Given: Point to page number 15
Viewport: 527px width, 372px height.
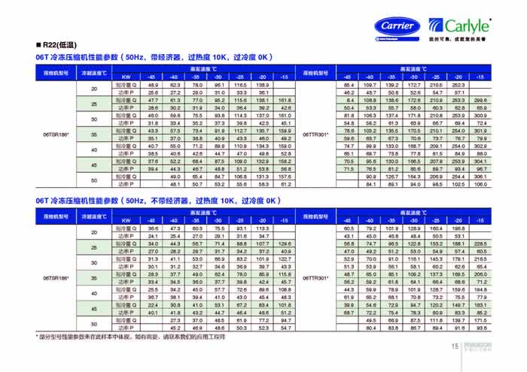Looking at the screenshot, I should coord(455,346).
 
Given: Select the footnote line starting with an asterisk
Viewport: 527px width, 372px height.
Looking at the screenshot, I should coord(139,339).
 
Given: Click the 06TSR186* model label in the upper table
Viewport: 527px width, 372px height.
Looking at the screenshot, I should coord(56,132).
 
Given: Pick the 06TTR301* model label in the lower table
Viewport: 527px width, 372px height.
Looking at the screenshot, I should coord(315,278).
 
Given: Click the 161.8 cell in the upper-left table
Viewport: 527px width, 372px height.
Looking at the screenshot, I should coord(284,99).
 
